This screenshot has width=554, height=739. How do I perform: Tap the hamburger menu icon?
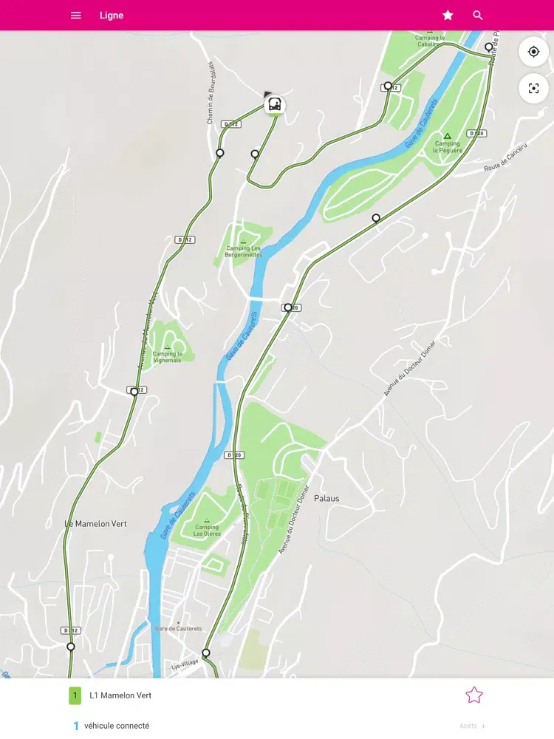pyautogui.click(x=75, y=15)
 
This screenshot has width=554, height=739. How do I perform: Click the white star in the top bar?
pyautogui.click(x=448, y=15)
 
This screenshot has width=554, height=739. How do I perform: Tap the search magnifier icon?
pyautogui.click(x=478, y=15)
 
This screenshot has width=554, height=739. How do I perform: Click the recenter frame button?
pyautogui.click(x=533, y=89)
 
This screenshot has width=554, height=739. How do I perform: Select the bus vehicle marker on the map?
pyautogui.click(x=274, y=104)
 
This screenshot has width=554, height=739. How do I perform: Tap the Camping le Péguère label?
pyautogui.click(x=448, y=146)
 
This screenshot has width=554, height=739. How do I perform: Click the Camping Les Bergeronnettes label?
pyautogui.click(x=244, y=251)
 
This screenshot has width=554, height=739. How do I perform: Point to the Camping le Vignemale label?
pyautogui.click(x=167, y=356)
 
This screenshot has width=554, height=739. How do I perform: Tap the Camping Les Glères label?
pyautogui.click(x=207, y=530)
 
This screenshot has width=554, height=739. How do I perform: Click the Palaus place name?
pyautogui.click(x=326, y=499)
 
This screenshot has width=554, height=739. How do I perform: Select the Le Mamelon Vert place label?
pyautogui.click(x=96, y=524)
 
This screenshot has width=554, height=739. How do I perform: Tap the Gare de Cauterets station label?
pyautogui.click(x=178, y=628)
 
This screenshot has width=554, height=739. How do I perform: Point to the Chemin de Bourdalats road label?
pyautogui.click(x=211, y=92)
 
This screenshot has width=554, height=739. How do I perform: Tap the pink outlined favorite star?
pyautogui.click(x=473, y=695)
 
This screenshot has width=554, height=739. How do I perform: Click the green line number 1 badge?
pyautogui.click(x=75, y=695)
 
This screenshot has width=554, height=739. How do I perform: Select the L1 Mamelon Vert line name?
pyautogui.click(x=120, y=695)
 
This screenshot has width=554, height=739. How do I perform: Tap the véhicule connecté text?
pyautogui.click(x=117, y=726)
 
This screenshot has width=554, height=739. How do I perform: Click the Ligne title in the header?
pyautogui.click(x=112, y=15)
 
